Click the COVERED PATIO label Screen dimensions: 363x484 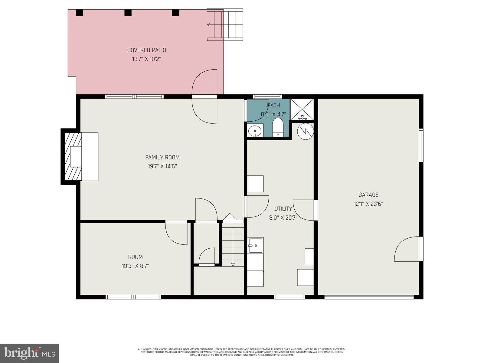(x=146, y=50)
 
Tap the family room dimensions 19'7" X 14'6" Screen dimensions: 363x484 (x=162, y=166)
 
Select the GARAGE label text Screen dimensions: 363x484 (x=368, y=195)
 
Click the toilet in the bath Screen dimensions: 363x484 (x=277, y=127)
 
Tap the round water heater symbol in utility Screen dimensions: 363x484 (x=306, y=131)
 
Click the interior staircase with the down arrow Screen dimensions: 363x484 (x=233, y=245)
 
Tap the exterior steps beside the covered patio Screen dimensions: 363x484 (x=225, y=25)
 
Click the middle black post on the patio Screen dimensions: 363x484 (x=128, y=13)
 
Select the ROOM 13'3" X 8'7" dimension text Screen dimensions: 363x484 (x=135, y=266)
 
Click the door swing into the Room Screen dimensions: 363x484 (x=176, y=233)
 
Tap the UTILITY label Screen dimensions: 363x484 (x=283, y=209)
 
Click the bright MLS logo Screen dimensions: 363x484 (x=29, y=353)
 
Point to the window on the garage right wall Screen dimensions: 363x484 (x=421, y=145)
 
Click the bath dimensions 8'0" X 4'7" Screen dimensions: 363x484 (x=273, y=115)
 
